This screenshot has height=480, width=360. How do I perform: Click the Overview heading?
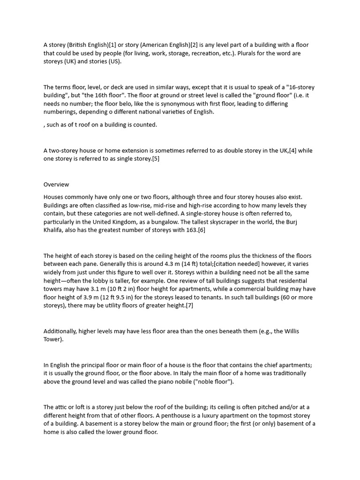pos(56,185)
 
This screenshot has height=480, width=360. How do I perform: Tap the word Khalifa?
pos(54,230)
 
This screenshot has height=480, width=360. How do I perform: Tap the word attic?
pos(61,407)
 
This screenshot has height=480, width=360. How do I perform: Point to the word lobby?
pos(96,281)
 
